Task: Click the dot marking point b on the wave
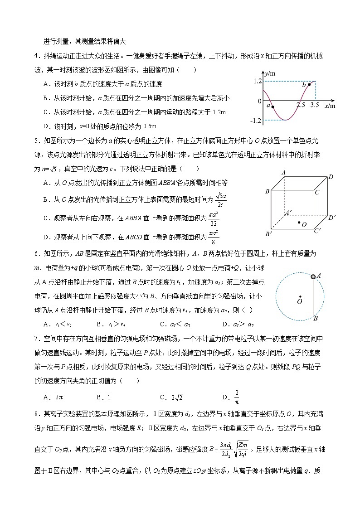(309, 84)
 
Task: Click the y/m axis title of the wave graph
(271, 73)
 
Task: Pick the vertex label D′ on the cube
(332, 217)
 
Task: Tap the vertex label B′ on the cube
(268, 234)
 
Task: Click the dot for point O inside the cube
(298, 223)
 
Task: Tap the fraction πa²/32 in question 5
(214, 218)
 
